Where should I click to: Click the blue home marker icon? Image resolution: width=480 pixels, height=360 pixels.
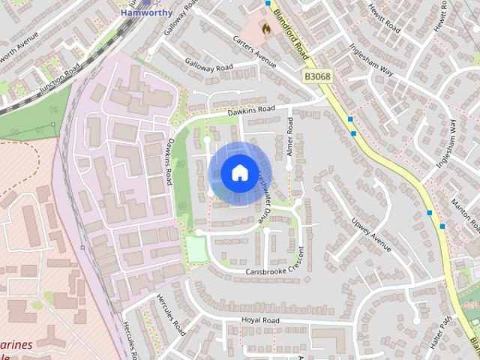click(x=238, y=172)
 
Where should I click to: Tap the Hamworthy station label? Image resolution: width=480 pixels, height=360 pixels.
click(x=147, y=13)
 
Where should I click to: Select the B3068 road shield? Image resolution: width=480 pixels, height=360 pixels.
click(x=318, y=76)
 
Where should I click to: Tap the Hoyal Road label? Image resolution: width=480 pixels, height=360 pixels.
click(x=259, y=320)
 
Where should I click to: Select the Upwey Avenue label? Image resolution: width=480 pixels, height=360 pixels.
click(x=370, y=235)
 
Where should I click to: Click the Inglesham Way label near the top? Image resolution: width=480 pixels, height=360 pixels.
click(x=370, y=58)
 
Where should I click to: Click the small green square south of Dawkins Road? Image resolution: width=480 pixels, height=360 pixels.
click(x=197, y=249)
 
